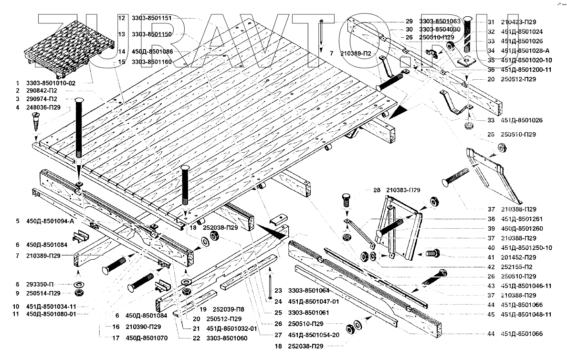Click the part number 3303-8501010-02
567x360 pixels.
click(x=51, y=83)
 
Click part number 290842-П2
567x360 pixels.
click(x=42, y=91)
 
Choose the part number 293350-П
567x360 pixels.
click(x=40, y=285)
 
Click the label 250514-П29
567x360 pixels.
click(x=43, y=294)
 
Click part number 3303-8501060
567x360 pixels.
click(x=227, y=339)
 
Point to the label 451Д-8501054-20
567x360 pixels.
click(x=314, y=335)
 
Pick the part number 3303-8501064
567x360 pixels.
click(x=308, y=291)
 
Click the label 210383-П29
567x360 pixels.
click(x=403, y=191)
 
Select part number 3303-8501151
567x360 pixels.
click(x=151, y=18)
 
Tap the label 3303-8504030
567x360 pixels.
click(x=440, y=29)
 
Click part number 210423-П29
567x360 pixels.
click(x=518, y=22)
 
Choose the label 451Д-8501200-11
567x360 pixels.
click(x=526, y=70)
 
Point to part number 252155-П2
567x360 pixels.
click(x=517, y=267)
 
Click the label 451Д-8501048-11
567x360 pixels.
click(x=526, y=315)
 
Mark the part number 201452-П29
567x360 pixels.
click(x=518, y=258)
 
